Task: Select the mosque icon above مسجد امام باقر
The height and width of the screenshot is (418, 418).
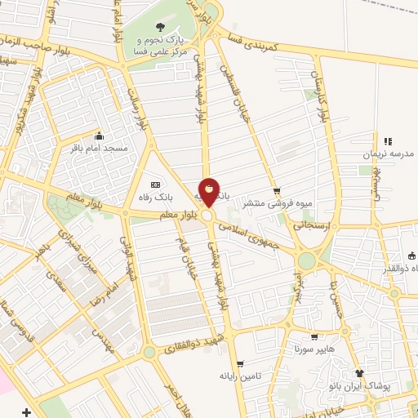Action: click(100, 136)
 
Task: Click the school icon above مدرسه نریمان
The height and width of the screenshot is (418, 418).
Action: click(388, 141)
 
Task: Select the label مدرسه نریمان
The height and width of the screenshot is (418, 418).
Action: click(389, 153)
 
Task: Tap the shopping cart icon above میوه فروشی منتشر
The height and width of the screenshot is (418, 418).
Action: click(277, 191)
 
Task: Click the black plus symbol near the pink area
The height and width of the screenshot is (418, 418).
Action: click(27, 411)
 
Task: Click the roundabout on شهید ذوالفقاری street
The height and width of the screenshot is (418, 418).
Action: click(149, 352)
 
